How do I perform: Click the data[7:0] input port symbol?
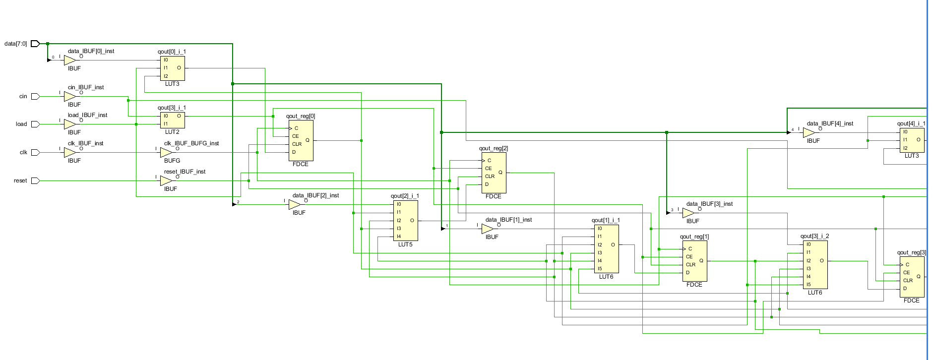coord(35,44)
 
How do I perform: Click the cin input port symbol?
coord(35,96)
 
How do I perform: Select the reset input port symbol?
coord(35,180)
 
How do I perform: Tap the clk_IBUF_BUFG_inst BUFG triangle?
coord(166,152)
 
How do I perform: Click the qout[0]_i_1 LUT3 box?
coord(173,68)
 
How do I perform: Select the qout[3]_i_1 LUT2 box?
coord(173,120)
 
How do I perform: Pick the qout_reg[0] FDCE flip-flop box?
coord(301,140)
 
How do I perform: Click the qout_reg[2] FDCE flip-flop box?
coord(494,173)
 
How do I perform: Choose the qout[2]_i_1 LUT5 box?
coord(406,220)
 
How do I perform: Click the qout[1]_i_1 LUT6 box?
coord(607,248)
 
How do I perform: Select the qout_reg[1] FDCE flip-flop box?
coord(695,261)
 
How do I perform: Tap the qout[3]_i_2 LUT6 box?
coord(815,264)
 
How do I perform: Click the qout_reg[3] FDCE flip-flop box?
coord(912,277)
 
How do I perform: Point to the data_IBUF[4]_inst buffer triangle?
coord(809,133)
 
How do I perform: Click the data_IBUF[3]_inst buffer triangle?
coord(688,213)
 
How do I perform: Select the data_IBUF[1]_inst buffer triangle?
coord(487,229)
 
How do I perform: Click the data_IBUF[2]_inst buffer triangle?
coord(294,204)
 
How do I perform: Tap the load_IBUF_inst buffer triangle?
coord(69,124)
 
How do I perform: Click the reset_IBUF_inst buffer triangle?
coord(166,180)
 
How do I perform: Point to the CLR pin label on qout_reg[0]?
coord(297,144)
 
